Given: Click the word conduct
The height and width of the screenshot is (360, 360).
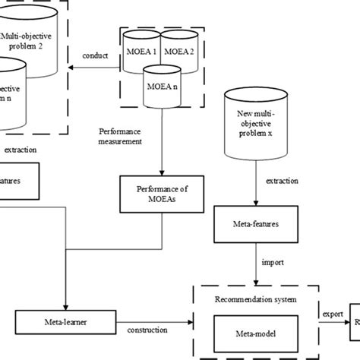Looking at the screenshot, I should click(x=96, y=56).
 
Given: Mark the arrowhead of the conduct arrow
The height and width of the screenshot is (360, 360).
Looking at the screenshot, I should click(x=74, y=68).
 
